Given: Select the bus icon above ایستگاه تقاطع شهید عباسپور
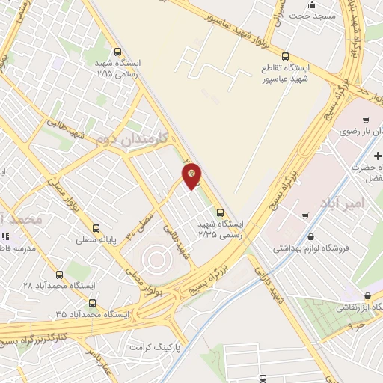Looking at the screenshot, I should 284,56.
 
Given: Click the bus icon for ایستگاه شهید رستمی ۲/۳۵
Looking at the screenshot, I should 219,212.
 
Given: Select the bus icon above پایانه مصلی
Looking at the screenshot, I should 95,228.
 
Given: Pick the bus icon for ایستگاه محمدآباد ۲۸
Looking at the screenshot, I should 58,275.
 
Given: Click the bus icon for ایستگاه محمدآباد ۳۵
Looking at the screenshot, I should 91,303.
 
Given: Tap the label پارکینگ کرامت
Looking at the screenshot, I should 156,348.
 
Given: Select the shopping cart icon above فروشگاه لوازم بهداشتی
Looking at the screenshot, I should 305,216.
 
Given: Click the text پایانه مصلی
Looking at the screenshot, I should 95,240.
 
